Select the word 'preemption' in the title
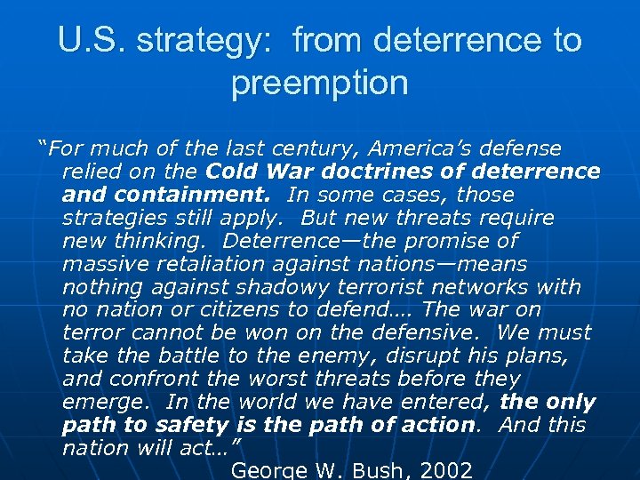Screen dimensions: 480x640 [x=319, y=84]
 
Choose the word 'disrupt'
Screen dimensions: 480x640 [x=392, y=356]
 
